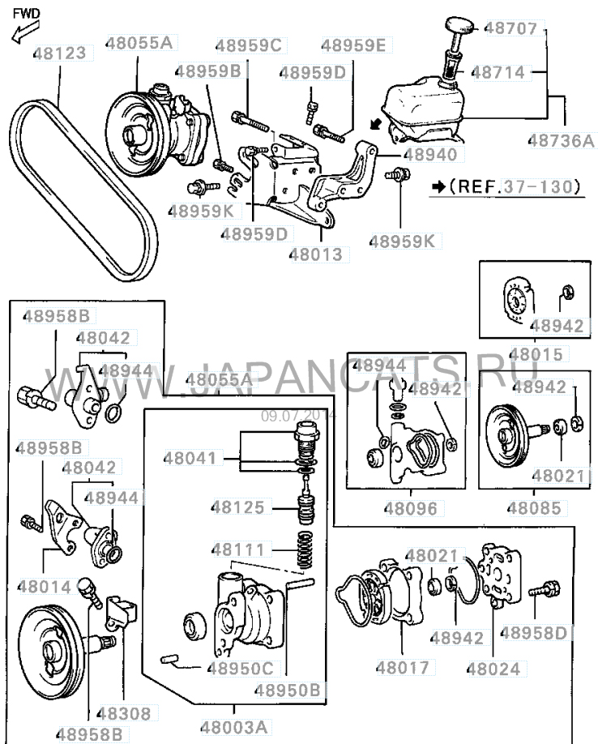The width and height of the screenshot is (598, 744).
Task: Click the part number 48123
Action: coord(62,54)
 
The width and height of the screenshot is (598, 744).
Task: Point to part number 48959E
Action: coord(353,45)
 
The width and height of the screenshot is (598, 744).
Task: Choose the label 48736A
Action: coord(561,139)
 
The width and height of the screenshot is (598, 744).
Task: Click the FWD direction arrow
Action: coord(23,32)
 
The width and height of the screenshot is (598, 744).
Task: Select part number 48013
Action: coord(316,254)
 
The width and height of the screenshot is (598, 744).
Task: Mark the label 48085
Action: coord(535,509)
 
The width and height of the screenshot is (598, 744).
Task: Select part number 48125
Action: coord(238,508)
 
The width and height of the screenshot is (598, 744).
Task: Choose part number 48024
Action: coord(493,669)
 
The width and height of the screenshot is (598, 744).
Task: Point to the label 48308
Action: coord(124,715)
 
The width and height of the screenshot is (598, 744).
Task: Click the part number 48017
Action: coord(402,669)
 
